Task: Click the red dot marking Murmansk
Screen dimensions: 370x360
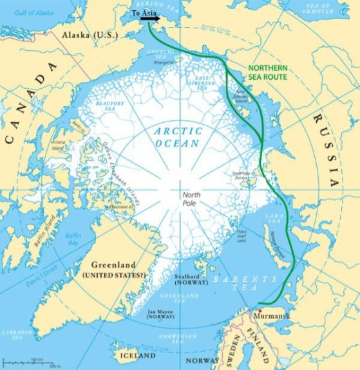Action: click(260, 310)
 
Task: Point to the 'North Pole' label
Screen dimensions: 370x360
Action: click(193, 198)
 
